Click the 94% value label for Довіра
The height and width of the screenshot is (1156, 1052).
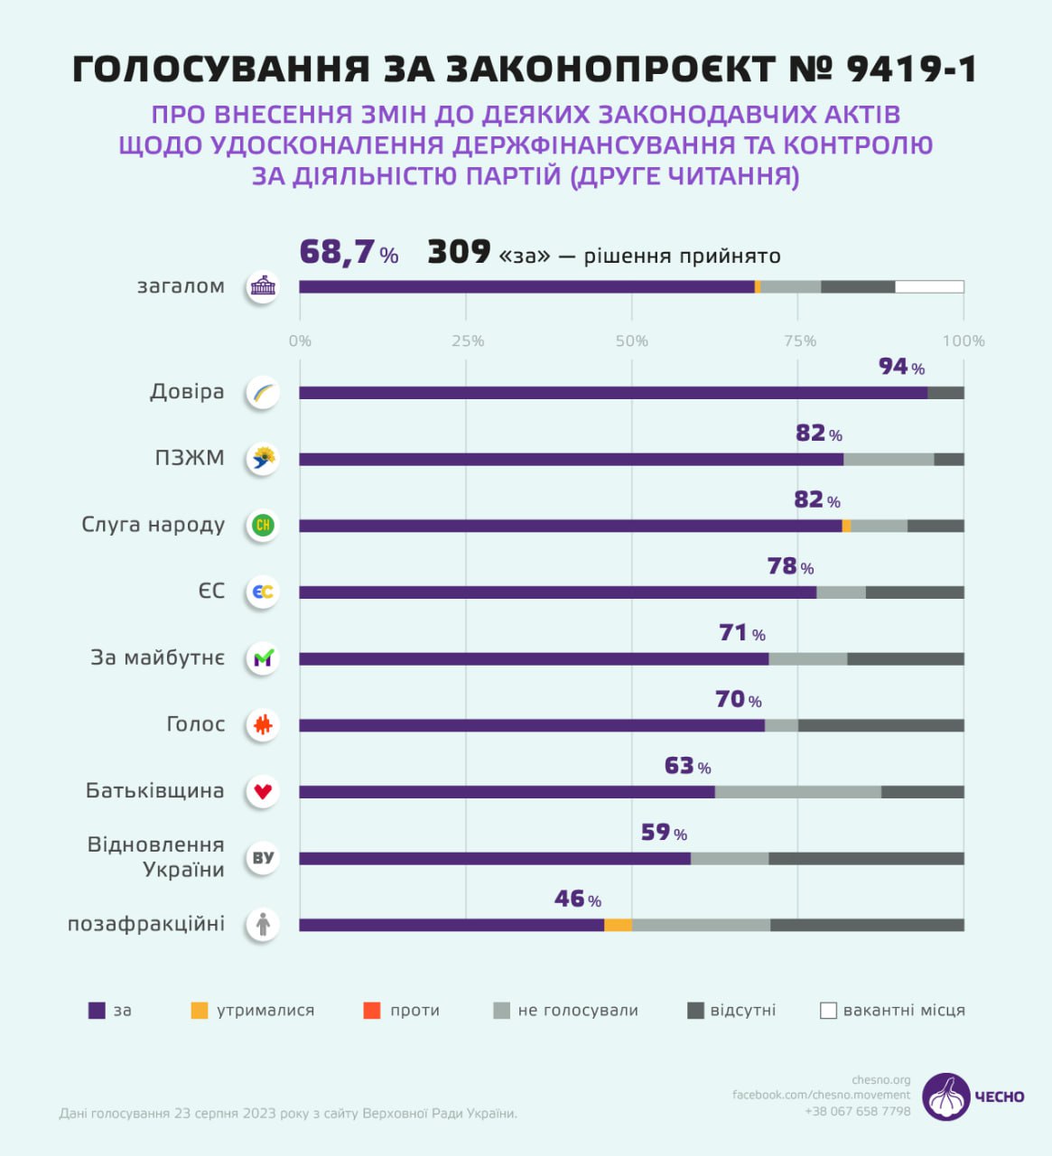(901, 367)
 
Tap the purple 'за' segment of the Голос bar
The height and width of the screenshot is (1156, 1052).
(532, 725)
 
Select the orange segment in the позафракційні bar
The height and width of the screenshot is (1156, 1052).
(618, 925)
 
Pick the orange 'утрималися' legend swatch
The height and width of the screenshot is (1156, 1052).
(200, 1011)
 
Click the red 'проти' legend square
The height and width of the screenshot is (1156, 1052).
(372, 1011)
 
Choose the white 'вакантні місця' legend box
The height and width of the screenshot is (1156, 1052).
(828, 1011)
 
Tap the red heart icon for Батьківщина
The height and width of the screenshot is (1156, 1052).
(263, 792)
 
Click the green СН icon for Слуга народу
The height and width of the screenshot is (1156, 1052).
(263, 526)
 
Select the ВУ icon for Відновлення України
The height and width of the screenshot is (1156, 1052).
(263, 858)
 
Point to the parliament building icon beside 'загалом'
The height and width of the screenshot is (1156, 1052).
(263, 287)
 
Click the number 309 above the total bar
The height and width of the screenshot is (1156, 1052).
(459, 253)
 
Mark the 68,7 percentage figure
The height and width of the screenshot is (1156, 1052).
(337, 253)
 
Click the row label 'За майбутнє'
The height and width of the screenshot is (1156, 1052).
(157, 657)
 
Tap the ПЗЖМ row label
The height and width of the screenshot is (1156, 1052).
(190, 458)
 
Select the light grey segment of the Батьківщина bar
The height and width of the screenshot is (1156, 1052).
(798, 792)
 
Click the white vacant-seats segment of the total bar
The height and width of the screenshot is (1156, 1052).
(929, 287)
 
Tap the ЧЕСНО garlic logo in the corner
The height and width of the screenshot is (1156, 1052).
(946, 1096)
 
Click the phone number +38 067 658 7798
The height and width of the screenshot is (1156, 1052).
(857, 1111)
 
